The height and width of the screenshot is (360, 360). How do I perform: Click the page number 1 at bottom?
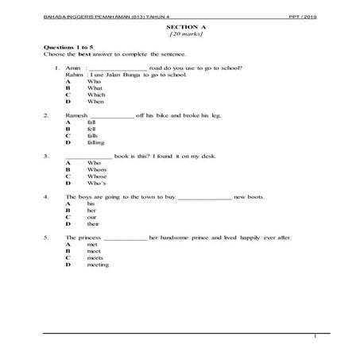click(315, 337)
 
